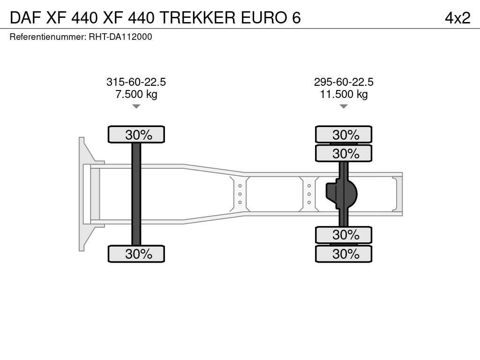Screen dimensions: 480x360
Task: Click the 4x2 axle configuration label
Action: point(457,18)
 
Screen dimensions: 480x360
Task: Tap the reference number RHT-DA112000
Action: point(120,37)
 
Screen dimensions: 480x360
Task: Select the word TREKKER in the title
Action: point(197,18)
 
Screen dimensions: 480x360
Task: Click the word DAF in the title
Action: point(25,18)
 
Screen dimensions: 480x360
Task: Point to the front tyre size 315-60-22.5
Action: point(136,82)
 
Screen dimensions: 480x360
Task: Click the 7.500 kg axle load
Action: point(136,94)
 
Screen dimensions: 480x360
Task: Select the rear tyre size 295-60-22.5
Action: point(344,82)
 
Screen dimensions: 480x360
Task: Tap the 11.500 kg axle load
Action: point(344,94)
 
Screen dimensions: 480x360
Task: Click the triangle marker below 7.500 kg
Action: point(136,106)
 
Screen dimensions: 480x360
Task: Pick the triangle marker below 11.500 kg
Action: point(344,106)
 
